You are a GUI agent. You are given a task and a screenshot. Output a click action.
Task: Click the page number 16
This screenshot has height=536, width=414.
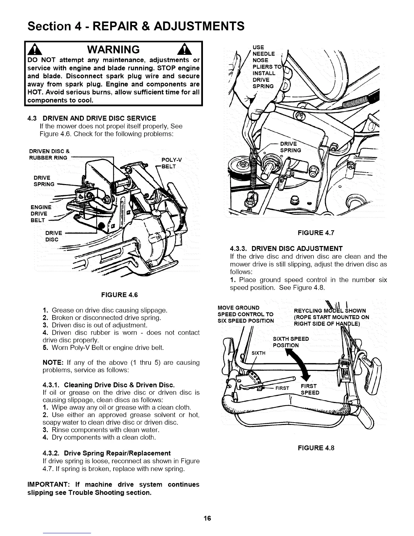pos(207,518)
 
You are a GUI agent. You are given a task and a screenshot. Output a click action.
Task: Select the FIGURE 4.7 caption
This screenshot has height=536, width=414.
pos(316,233)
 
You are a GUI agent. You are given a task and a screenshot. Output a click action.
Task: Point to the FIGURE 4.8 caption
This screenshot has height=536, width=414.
pos(316,448)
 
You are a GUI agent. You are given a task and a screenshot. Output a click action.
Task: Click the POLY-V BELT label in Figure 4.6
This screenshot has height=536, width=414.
pos(172,163)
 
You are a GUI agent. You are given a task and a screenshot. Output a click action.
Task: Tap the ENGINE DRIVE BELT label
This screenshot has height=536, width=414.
pos(41,214)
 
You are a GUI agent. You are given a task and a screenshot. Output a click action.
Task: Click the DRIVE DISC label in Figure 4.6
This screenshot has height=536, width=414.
pos(53,236)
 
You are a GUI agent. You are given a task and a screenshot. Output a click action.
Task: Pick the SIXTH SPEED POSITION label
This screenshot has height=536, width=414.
pos(291,342)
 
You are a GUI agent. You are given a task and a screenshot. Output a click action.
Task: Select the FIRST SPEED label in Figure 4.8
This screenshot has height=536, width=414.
pos(310,389)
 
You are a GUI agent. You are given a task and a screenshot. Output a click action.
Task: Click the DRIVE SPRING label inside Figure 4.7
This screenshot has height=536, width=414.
pos(291,147)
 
